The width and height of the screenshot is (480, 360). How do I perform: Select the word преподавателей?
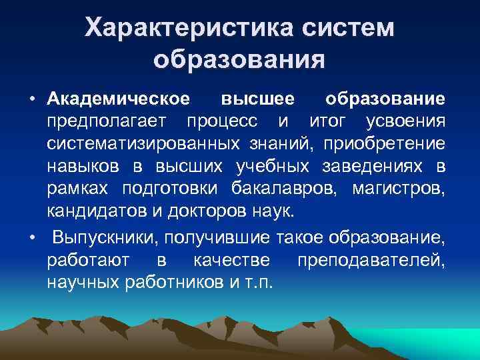pos(377,259)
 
